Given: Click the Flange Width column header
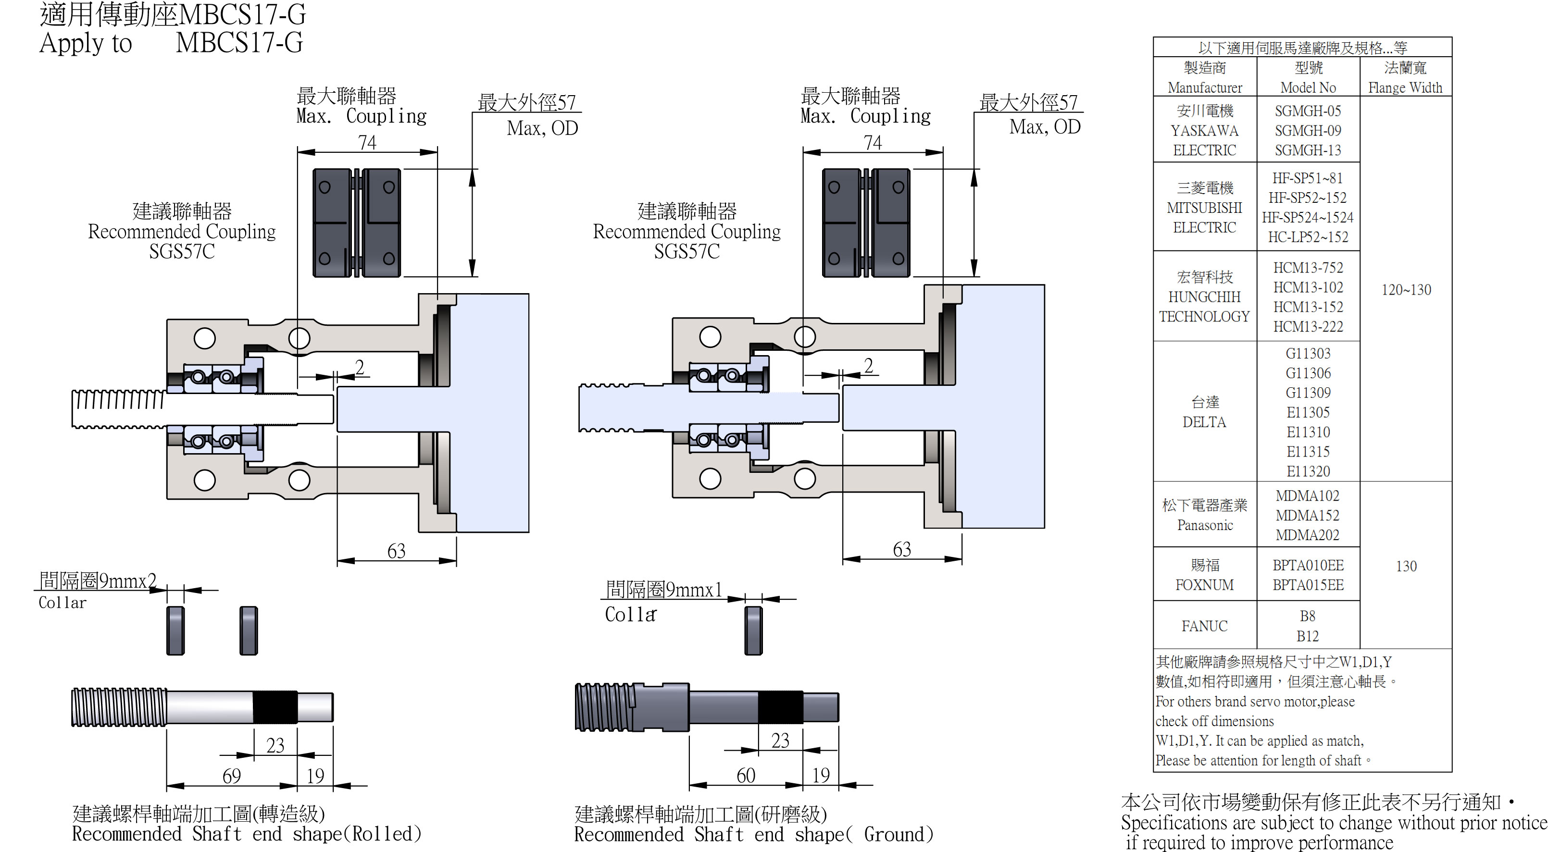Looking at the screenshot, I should click(1405, 87).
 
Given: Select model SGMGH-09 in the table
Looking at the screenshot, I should click(1308, 130).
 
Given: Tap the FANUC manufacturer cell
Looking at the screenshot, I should click(1204, 626).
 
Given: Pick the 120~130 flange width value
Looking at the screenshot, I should click(1406, 290).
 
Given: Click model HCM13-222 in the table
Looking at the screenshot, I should click(1308, 326).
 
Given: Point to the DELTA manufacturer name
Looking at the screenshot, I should click(1204, 422).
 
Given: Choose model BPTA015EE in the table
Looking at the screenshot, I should click(1308, 585).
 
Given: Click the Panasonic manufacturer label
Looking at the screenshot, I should click(1204, 525).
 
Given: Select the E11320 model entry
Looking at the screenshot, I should click(1308, 471).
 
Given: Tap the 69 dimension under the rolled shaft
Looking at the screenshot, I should click(231, 776).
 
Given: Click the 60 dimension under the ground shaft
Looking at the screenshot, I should click(746, 775).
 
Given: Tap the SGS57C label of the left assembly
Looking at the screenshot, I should click(182, 251).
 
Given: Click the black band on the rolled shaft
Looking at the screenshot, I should click(275, 706).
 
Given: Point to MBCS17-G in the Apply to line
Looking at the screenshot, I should click(239, 43).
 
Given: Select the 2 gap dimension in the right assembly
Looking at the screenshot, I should click(868, 365).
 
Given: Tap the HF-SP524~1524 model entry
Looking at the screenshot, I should click(1308, 217).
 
